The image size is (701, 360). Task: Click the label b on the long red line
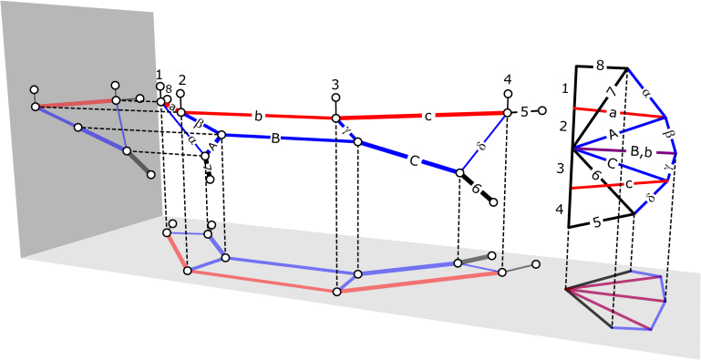tap(259, 116)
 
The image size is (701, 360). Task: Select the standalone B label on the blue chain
tap(275, 139)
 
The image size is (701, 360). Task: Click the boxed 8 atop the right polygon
tap(599, 66)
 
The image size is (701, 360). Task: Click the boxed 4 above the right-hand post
tap(508, 77)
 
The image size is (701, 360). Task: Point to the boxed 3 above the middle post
tap(335, 84)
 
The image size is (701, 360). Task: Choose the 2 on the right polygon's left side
tap(565, 125)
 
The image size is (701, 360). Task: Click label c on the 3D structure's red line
tap(428, 115)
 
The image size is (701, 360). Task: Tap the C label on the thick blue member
tap(414, 160)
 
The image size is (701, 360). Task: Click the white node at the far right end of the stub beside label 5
tap(541, 111)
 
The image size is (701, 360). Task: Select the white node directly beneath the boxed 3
tap(335, 98)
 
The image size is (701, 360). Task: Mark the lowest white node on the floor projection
tap(336, 292)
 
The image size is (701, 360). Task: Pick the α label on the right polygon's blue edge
tap(646, 92)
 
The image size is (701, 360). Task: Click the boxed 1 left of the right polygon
tap(566, 88)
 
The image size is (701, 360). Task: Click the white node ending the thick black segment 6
tap(493, 202)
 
